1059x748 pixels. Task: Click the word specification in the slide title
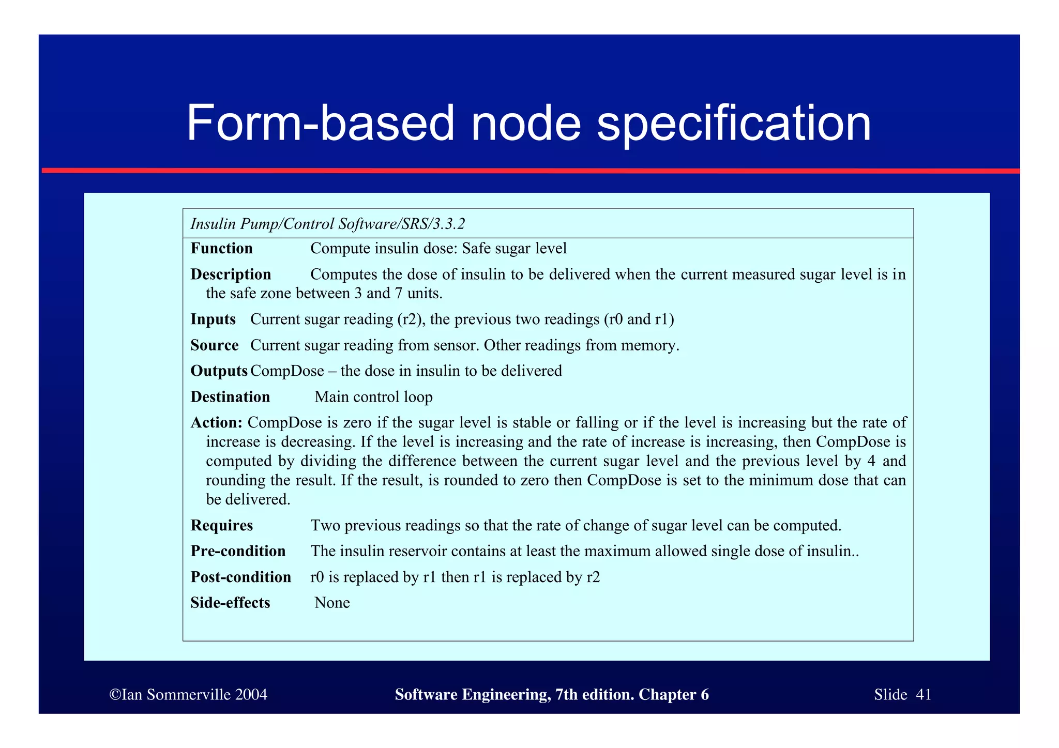coord(734,124)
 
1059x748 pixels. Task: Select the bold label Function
coord(221,249)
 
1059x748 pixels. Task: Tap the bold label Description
coord(231,274)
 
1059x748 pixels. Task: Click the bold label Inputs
coord(213,319)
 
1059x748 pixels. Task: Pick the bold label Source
coord(215,345)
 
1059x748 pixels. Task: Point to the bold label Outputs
coord(219,371)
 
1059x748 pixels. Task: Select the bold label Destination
coord(230,397)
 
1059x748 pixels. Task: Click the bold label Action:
coord(216,423)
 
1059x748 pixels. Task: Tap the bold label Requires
coord(221,526)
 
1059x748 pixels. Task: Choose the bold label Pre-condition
coord(238,551)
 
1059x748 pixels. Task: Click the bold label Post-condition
coord(240,577)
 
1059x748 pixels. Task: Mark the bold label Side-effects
coord(230,603)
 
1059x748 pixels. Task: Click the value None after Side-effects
coord(332,603)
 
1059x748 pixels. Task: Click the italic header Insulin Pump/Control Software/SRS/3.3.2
coord(328,224)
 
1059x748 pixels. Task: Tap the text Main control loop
coord(373,397)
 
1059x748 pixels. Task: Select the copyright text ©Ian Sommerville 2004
coord(188,694)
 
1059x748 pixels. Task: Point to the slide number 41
coord(923,694)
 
